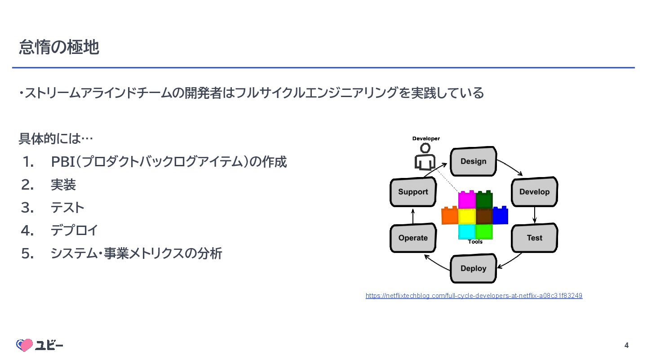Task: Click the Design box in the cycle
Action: point(473,161)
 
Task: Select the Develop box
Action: point(534,192)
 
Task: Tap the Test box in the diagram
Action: point(534,238)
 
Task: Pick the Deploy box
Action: point(473,268)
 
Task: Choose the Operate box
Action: point(413,238)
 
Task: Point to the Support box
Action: point(413,192)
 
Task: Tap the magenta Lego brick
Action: point(467,200)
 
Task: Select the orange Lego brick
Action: point(450,216)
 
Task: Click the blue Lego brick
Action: point(500,216)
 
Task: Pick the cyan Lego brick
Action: point(467,231)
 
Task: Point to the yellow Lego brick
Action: point(467,216)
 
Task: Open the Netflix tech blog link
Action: point(474,296)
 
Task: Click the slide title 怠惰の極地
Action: point(59,47)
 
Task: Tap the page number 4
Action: point(626,346)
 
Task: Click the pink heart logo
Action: point(25,345)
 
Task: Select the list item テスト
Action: point(67,208)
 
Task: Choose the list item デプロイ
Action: point(74,231)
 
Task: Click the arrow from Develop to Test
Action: point(534,215)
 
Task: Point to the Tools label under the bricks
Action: point(475,242)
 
